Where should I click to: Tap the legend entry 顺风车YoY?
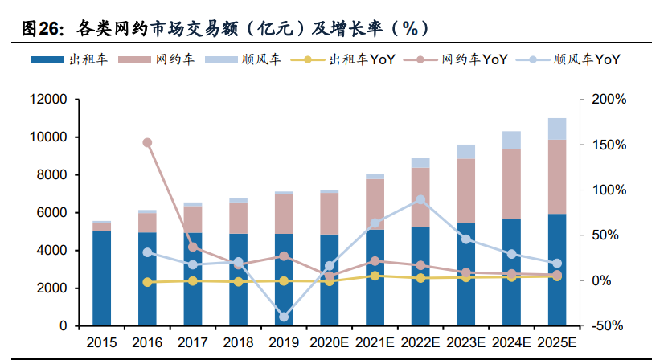[572, 59]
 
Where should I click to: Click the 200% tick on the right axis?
[609, 100]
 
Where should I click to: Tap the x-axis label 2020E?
[330, 342]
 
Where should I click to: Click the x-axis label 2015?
[101, 342]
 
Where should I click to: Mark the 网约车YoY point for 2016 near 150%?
[147, 143]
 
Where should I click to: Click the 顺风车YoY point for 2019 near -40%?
[284, 317]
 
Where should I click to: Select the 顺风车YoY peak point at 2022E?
[420, 200]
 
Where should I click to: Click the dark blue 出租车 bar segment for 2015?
[101, 278]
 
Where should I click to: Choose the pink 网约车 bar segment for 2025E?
[557, 177]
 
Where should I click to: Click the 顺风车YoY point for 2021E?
[375, 223]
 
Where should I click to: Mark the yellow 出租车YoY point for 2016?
[147, 282]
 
